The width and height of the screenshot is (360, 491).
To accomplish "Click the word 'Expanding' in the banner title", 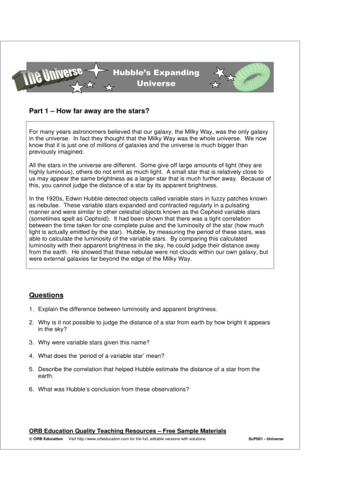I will [x=177, y=73].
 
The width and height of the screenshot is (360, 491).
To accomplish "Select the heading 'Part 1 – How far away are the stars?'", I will [x=89, y=111].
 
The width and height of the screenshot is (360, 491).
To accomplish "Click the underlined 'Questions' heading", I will [x=46, y=295].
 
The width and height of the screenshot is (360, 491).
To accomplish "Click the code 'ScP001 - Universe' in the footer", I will [x=266, y=439].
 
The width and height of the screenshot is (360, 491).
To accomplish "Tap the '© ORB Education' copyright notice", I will [x=46, y=439].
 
